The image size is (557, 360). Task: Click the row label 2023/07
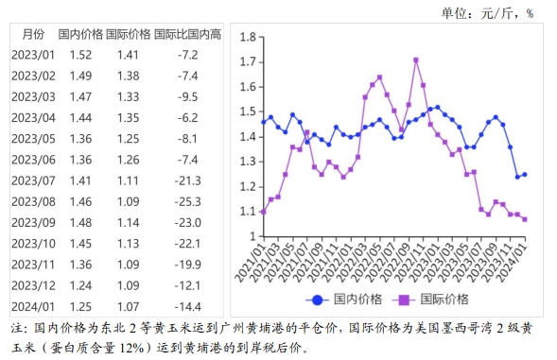point(34,180)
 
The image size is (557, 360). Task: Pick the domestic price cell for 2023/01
point(81,55)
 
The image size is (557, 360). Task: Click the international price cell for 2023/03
point(128,96)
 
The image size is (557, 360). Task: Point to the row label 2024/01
point(34,306)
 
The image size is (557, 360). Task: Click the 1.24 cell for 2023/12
point(81,284)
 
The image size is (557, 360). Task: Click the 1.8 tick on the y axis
point(249,37)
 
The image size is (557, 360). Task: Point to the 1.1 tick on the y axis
point(249,212)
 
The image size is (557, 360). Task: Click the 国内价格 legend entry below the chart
point(350,299)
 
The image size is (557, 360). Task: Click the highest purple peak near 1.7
point(416,60)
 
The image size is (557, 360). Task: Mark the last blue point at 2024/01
point(525,174)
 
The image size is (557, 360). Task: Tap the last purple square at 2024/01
point(525,219)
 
